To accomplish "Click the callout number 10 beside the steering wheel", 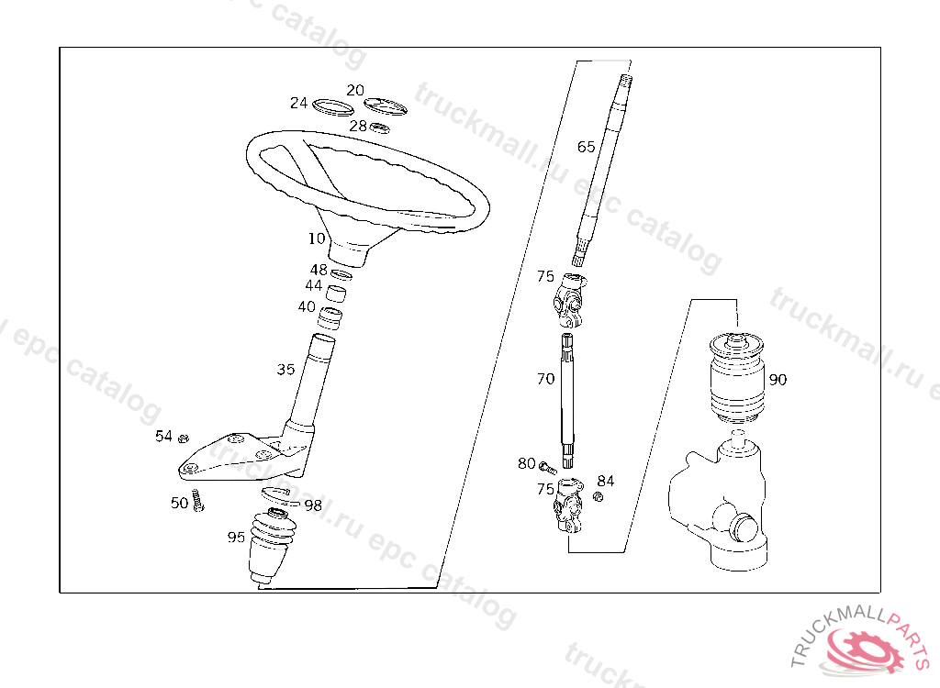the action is click(317, 239).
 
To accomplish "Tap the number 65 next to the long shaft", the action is click(586, 147).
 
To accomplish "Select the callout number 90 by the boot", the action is click(778, 380).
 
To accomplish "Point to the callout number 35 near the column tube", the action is click(286, 369).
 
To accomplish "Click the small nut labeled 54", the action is click(184, 438).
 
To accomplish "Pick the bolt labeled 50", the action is click(198, 501).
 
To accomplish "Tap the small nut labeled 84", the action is click(598, 496).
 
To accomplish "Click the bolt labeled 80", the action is click(547, 467).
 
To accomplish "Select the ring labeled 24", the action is click(332, 106).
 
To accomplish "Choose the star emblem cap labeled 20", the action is click(386, 106).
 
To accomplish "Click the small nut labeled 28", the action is click(379, 128).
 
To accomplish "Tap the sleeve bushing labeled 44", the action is click(335, 294).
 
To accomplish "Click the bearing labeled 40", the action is click(330, 317).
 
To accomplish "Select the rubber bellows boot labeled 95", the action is click(272, 547).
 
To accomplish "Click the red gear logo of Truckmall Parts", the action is click(863, 650).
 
